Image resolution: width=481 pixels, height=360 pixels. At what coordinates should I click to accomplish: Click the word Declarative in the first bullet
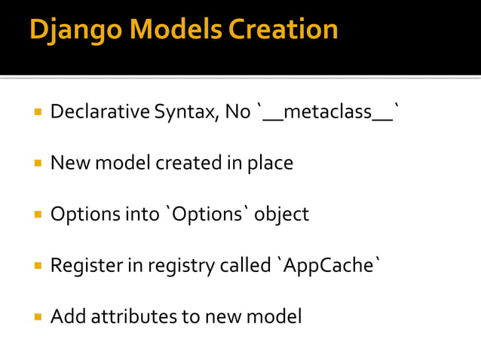point(100,112)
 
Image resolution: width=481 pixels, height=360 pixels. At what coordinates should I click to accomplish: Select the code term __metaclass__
point(328,112)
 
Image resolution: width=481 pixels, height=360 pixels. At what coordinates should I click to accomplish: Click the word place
point(270,163)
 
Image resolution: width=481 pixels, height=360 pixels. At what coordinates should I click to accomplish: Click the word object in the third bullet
point(281,215)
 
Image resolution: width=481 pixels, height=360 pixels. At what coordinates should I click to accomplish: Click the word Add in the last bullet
point(68,316)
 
